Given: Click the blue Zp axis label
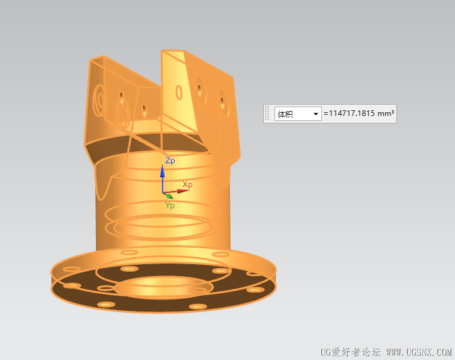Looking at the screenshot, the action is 170,161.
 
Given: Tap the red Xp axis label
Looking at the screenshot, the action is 187,184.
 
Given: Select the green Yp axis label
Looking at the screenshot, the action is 170,206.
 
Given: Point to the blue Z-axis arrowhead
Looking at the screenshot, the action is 163,171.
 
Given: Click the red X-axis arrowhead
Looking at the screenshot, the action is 184,191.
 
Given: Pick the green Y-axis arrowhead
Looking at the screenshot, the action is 170,196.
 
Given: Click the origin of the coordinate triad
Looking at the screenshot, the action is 163,192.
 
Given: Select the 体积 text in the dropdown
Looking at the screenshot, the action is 285,114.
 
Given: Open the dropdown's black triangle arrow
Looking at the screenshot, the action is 316,114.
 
